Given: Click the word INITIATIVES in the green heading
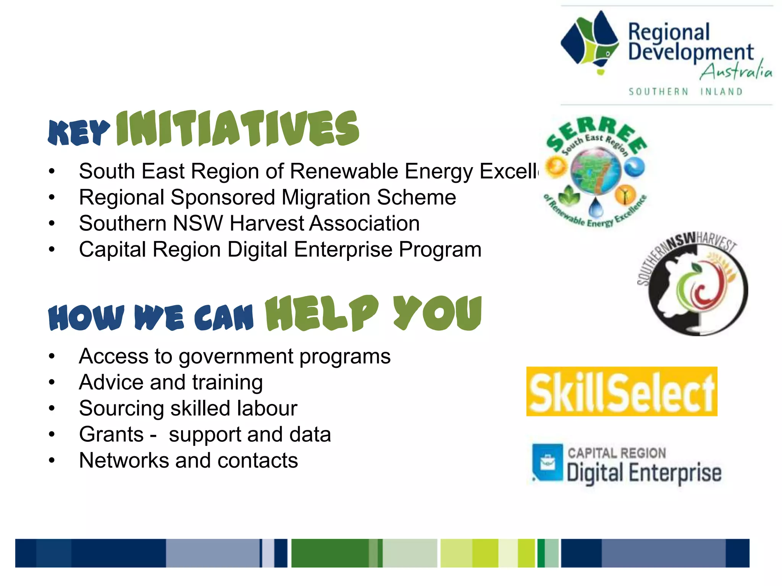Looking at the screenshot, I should tap(238, 129).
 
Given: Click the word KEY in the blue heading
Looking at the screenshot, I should tap(79, 133).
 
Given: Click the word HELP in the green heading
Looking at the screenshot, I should tap(322, 314).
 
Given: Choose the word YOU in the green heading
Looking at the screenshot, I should tap(438, 314).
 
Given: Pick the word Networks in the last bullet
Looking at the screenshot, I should tap(124, 460).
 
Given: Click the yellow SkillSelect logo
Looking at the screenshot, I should tap(622, 391).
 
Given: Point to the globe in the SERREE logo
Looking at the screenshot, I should tap(595, 171).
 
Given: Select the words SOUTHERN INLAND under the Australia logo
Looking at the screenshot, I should tap(686, 92).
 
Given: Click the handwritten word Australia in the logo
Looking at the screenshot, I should tap(735, 71).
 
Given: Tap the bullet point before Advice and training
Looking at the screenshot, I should tap(52, 383).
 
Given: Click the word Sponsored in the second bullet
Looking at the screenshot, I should tap(223, 198).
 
